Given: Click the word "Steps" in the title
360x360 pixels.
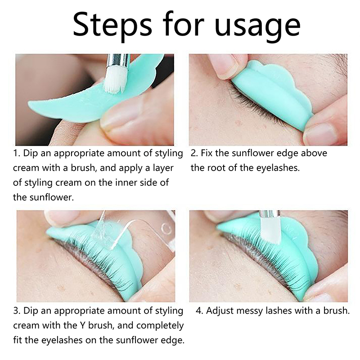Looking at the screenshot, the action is tap(112, 24).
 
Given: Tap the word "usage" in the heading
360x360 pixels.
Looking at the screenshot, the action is tap(258, 27).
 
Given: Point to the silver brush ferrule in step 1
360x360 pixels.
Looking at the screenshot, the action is tap(117, 63).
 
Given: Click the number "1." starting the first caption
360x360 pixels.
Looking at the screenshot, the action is tap(17, 153).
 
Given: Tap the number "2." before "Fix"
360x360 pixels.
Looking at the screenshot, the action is tap(194, 153).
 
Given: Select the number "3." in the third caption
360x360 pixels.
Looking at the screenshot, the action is tap(17, 310).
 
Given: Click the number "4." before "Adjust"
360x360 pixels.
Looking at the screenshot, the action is tap(199, 310).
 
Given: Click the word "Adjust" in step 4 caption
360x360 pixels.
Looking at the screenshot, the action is tap(220, 311).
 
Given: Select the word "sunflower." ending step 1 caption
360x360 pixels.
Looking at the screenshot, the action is tap(52, 197).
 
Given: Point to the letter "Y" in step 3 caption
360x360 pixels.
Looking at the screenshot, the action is tap(82, 325).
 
